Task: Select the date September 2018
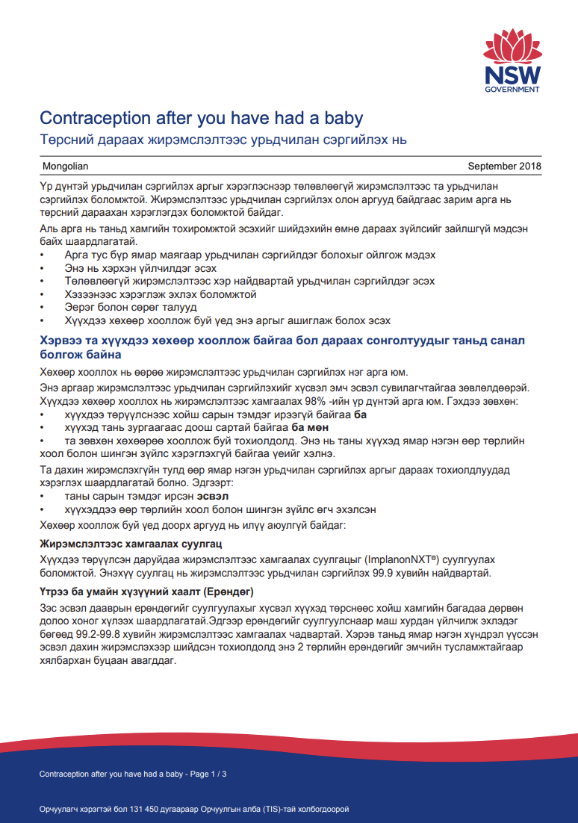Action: [x=504, y=166]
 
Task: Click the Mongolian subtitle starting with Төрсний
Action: [x=223, y=139]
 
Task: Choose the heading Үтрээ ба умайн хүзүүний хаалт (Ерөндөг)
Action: [x=146, y=592]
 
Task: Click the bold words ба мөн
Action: [x=309, y=427]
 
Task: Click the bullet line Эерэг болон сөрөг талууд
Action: [x=120, y=307]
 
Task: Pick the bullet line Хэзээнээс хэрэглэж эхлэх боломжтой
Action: [x=150, y=294]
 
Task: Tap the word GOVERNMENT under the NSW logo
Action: [x=512, y=90]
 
